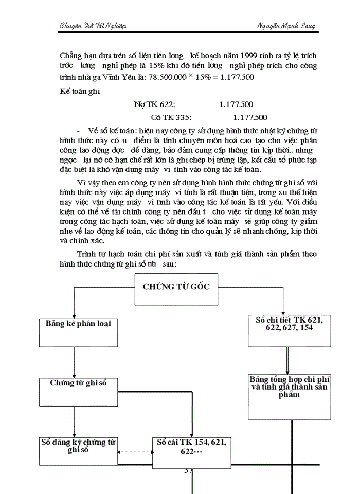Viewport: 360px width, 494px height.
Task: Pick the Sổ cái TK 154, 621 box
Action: pos(191,452)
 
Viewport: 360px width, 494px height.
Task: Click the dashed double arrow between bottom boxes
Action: pos(135,452)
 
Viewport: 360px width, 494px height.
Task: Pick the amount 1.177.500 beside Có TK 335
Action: pos(250,117)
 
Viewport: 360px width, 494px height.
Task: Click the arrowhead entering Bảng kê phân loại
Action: pos(75,314)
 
